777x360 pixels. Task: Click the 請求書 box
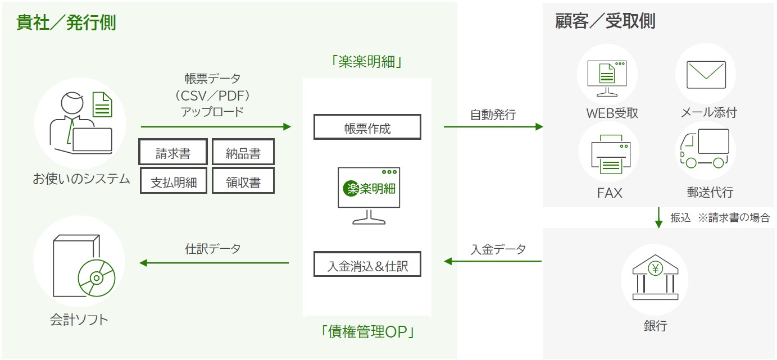click(174, 153)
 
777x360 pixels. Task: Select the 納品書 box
click(243, 153)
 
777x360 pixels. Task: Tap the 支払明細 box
click(174, 181)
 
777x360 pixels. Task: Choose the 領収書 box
click(243, 181)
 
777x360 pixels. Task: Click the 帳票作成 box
click(367, 127)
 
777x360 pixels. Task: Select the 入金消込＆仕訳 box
click(367, 265)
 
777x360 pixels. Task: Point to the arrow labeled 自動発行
click(493, 127)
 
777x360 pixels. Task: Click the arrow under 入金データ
click(493, 261)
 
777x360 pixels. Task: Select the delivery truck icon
click(705, 148)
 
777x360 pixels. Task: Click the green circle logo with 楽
click(351, 188)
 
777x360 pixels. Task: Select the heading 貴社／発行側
click(66, 23)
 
